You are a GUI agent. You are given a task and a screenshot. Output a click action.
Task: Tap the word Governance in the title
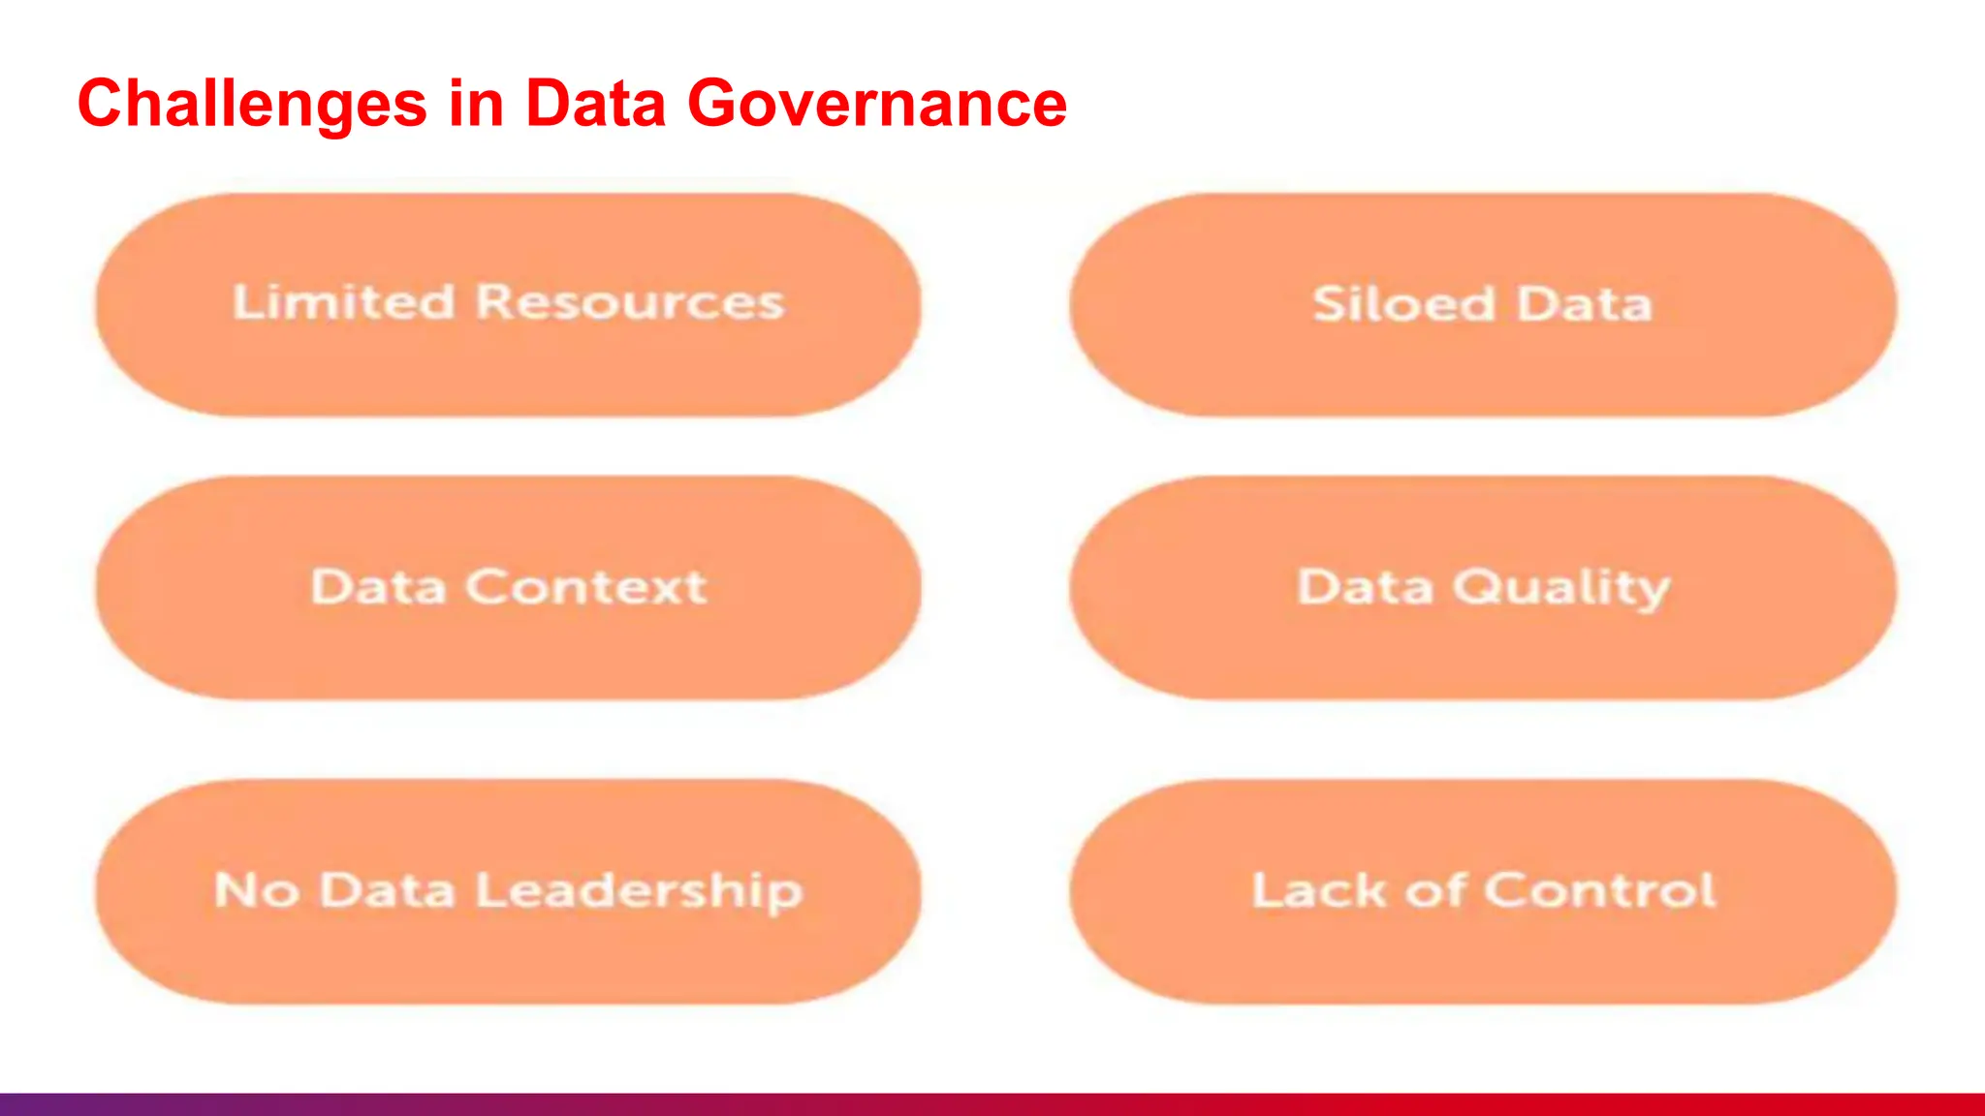877,103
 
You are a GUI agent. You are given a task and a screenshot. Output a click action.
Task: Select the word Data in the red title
595,103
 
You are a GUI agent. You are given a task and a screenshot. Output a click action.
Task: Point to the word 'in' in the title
476,103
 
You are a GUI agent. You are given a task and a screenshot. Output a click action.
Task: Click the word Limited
343,302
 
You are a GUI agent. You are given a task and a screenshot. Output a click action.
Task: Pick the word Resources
630,302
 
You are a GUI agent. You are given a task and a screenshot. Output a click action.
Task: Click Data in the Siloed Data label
1584,304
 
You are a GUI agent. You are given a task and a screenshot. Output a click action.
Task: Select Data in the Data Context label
378,587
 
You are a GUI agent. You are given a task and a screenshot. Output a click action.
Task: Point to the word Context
586,587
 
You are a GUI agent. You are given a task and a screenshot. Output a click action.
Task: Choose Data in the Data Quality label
1365,587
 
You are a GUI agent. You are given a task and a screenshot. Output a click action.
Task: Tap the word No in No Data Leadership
256,889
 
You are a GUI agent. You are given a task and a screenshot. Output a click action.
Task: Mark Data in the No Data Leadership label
387,889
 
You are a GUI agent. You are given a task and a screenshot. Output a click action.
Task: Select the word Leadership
640,891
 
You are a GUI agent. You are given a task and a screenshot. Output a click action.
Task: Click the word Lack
1318,889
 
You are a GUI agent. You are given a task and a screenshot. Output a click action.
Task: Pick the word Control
1600,889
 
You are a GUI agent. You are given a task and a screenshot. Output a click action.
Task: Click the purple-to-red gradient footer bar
992,1104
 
